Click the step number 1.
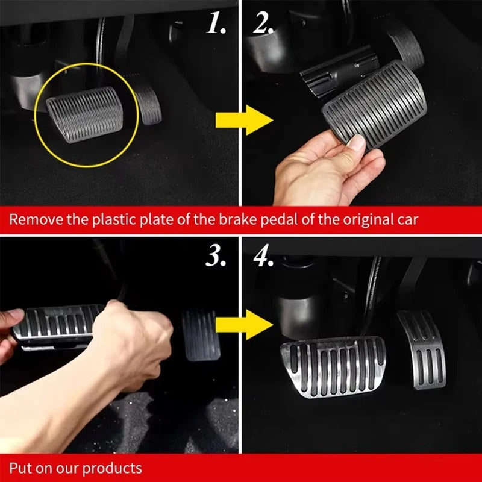pyautogui.click(x=216, y=23)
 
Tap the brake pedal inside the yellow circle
pyautogui.click(x=85, y=114)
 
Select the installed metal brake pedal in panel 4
pyautogui.click(x=333, y=365)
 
